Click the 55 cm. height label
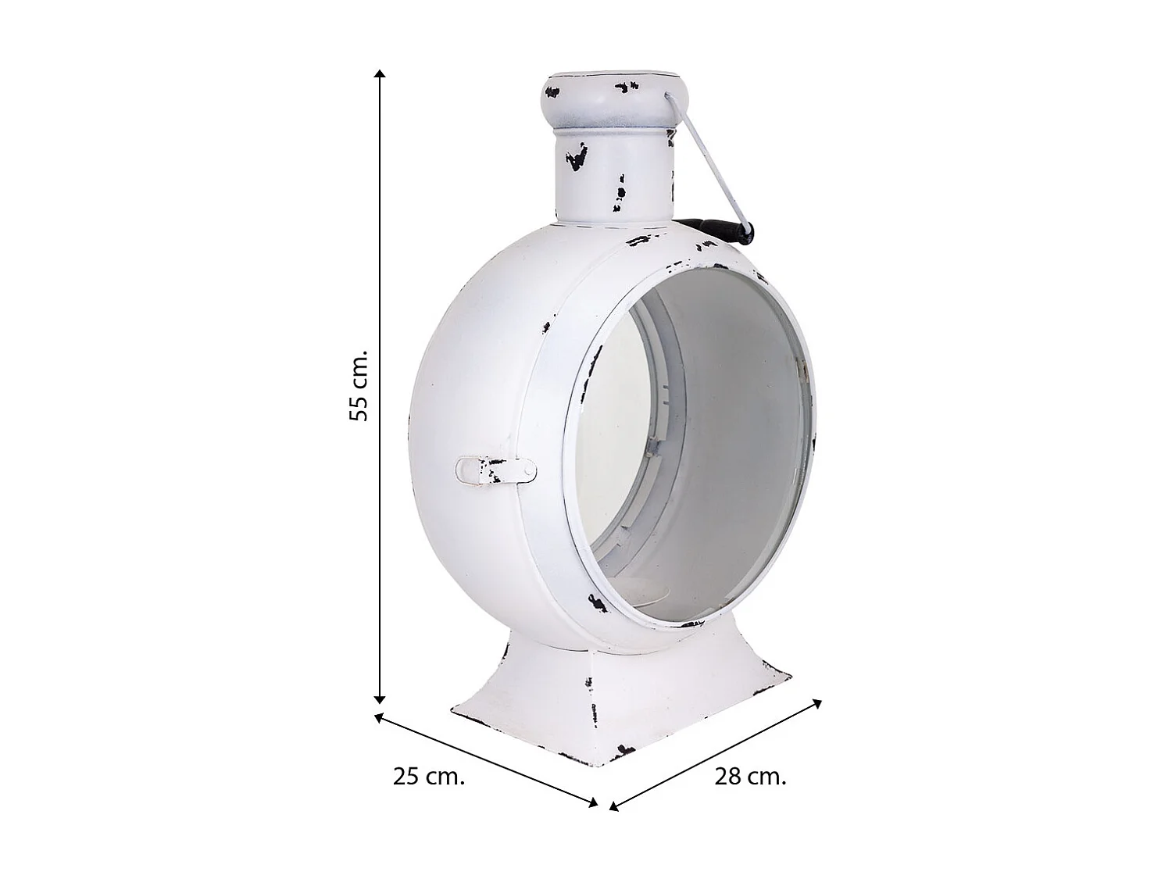pyautogui.click(x=359, y=386)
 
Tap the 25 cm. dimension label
pyautogui.click(x=429, y=777)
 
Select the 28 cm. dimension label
pyautogui.click(x=750, y=777)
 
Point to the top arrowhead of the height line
pyautogui.click(x=380, y=73)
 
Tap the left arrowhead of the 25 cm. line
pyautogui.click(x=379, y=716)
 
